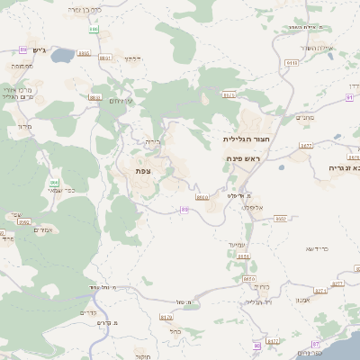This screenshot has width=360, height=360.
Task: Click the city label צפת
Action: point(141,170)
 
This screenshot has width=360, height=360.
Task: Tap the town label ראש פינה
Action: point(244,158)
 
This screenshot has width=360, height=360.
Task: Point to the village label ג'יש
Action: point(38,49)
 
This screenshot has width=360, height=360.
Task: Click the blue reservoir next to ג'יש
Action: point(62,56)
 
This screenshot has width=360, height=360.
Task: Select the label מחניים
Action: point(304,117)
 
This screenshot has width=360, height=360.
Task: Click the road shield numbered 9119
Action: point(291,63)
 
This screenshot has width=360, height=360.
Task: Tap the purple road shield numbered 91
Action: point(349,96)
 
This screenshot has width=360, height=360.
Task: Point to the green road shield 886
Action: point(55,182)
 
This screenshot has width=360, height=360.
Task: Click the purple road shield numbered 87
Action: point(315,345)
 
